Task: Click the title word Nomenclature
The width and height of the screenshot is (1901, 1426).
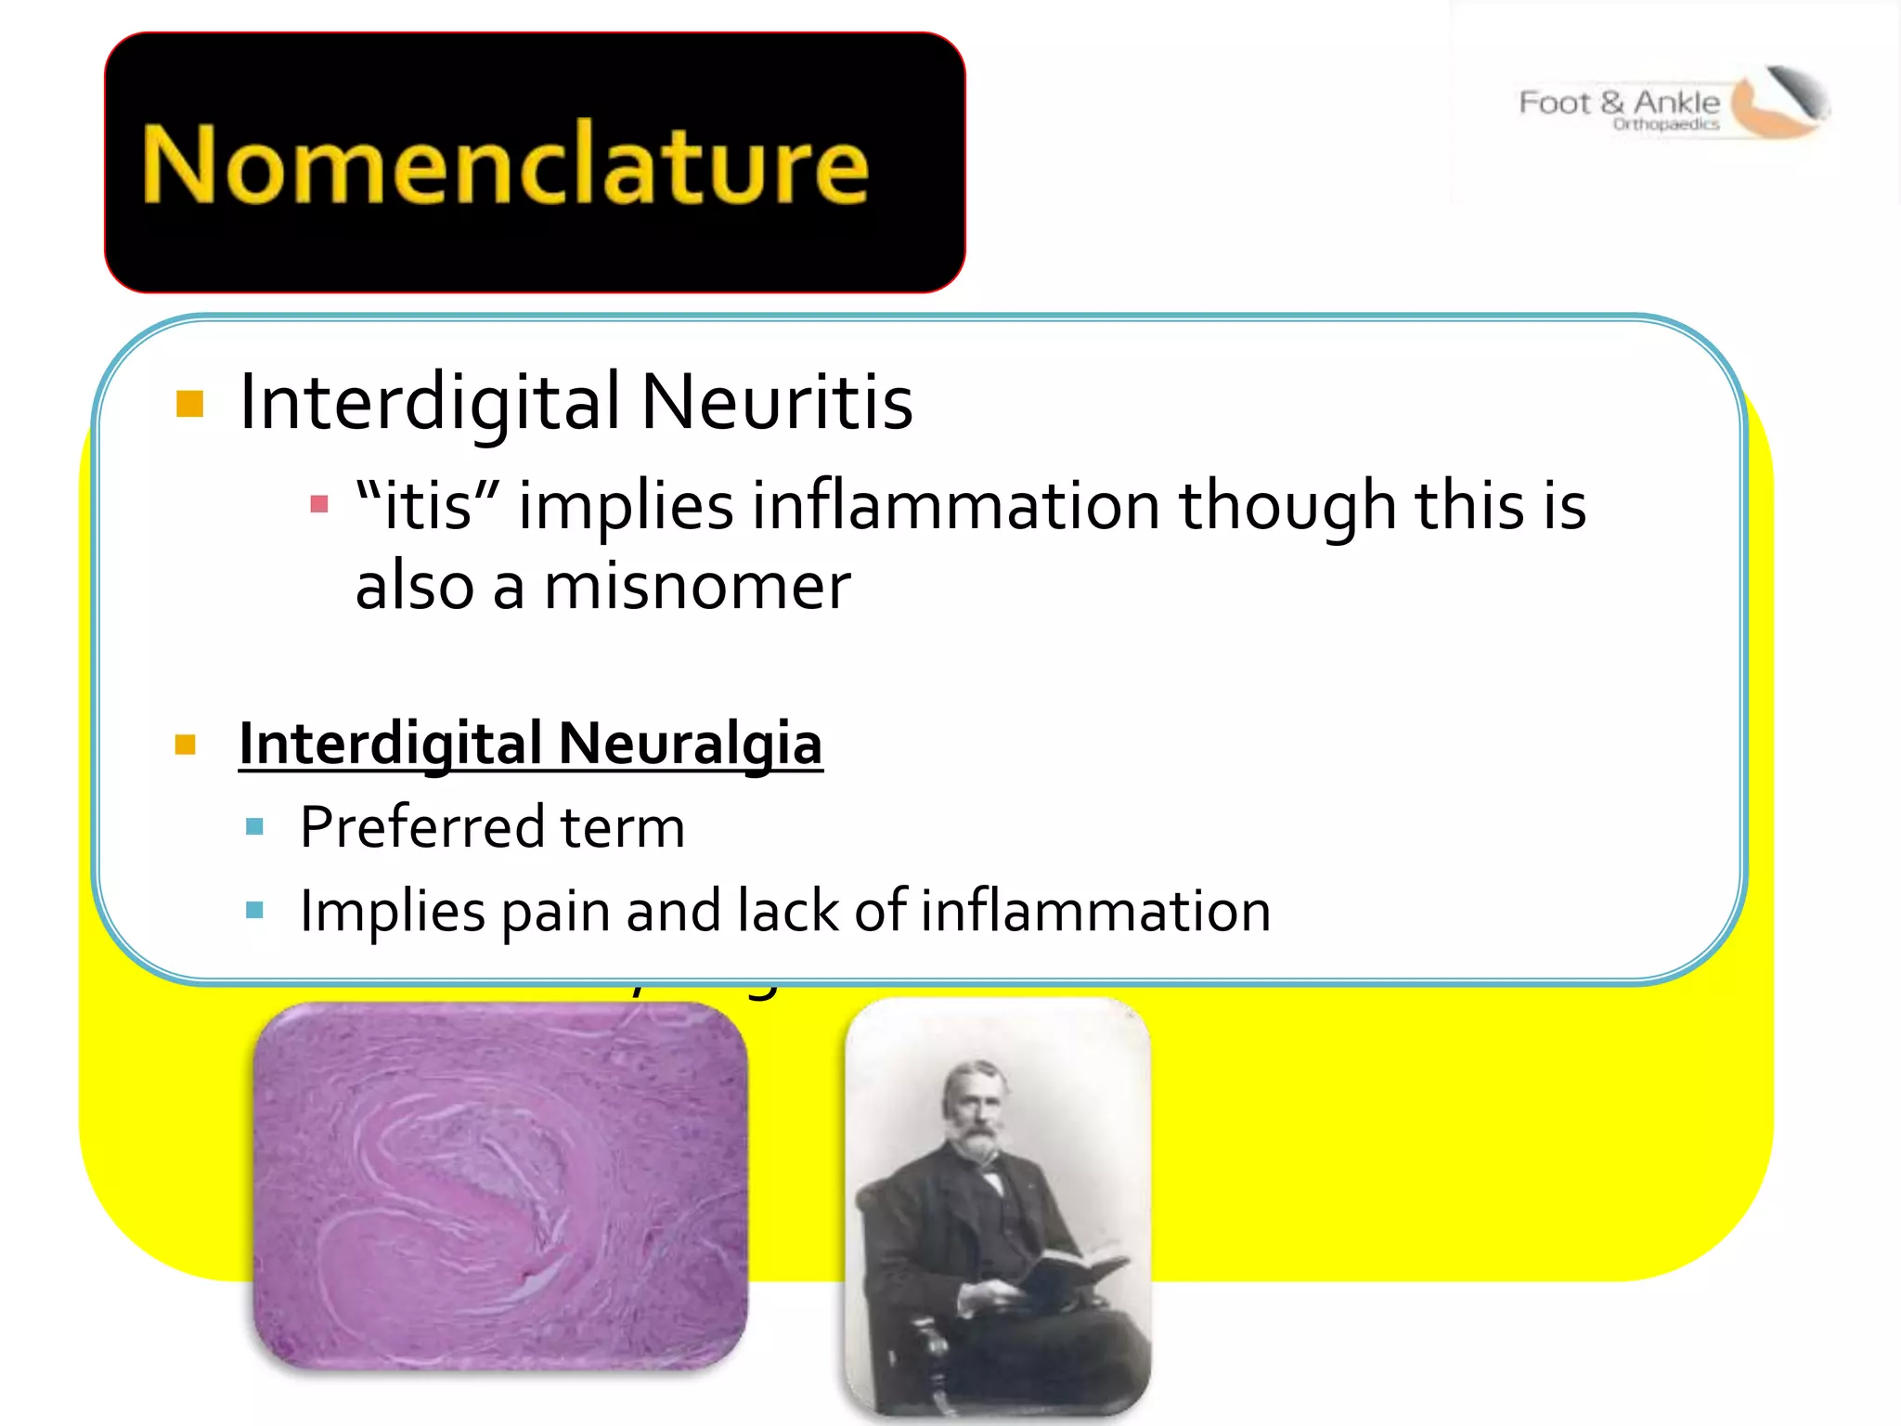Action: point(506,165)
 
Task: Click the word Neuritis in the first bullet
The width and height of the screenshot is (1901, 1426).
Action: point(776,402)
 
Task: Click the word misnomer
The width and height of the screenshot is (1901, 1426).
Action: point(696,587)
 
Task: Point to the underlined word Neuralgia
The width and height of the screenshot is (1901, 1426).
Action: point(690,744)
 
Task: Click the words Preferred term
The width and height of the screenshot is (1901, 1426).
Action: point(492,827)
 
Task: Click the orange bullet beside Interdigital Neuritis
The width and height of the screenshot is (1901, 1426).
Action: point(189,404)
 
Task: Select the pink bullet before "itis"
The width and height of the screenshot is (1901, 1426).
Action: point(318,504)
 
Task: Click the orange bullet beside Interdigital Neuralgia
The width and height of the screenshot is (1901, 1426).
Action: point(186,745)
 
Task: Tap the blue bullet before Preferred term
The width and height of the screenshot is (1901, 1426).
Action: point(255,826)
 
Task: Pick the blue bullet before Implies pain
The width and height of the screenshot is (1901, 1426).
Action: point(255,910)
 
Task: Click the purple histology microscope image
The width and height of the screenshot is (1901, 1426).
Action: point(499,1186)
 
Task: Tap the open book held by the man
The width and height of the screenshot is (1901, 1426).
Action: point(1077,1267)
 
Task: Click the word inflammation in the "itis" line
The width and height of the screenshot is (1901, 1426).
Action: point(955,506)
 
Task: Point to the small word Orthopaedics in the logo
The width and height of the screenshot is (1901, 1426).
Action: point(1665,124)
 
